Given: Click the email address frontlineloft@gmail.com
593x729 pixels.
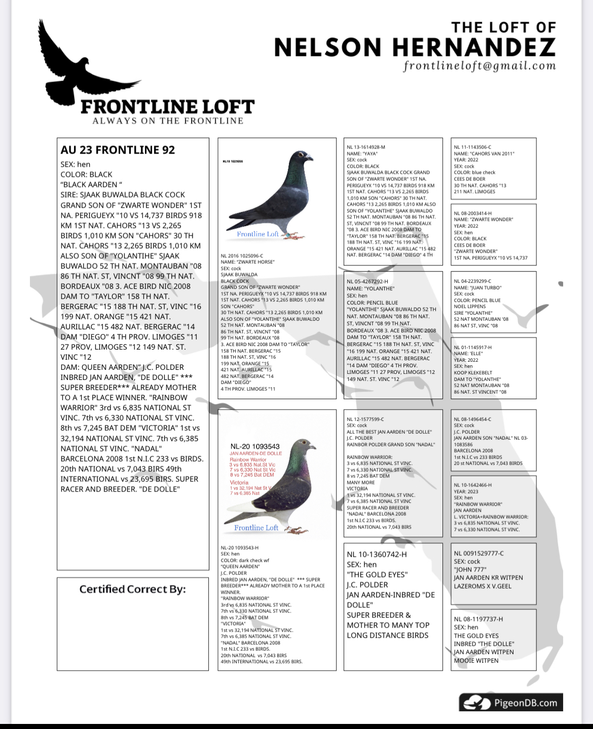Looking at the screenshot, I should coord(479,66).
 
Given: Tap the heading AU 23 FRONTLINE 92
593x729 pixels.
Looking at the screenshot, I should coord(118,150).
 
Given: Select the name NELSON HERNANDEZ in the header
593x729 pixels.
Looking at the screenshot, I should coord(415,48).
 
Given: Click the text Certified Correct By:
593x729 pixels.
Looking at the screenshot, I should coord(132,589).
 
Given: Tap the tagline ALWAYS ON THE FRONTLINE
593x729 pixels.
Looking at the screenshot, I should coord(168,121).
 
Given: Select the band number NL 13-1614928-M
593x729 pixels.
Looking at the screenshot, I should coord(366,147).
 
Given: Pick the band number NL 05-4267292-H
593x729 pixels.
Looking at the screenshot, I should coord(367,281).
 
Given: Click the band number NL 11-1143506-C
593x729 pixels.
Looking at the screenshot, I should coord(472,147).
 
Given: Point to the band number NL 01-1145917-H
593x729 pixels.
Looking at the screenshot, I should coord(472,348).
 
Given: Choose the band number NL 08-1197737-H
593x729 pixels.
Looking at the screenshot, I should coord(478,619).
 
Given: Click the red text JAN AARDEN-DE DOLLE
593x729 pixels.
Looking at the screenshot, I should coord(256,453).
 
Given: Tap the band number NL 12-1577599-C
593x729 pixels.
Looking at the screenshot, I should coord(365,419).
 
